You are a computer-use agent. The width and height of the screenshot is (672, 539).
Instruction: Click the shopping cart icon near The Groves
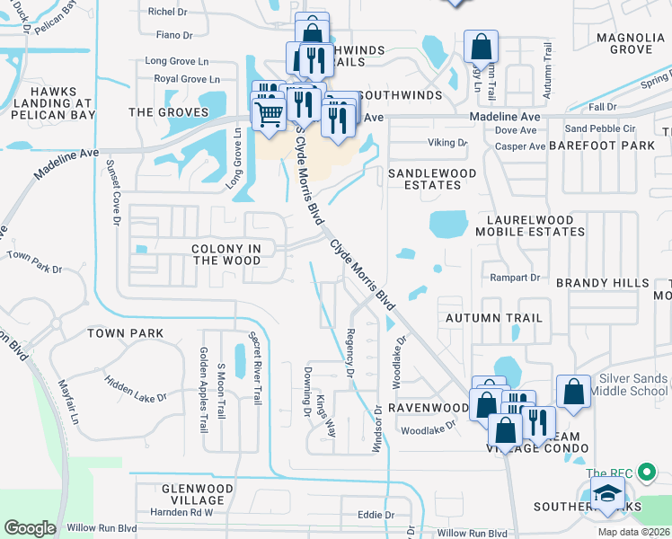pyautogui.click(x=267, y=115)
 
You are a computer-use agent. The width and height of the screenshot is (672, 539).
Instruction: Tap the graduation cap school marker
pyautogui.click(x=607, y=495)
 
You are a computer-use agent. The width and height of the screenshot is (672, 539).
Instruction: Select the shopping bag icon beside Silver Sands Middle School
pyautogui.click(x=573, y=393)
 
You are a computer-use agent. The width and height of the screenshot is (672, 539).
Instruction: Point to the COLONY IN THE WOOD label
pyautogui.click(x=225, y=254)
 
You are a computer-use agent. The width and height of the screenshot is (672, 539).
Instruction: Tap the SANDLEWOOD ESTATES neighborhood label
pyautogui.click(x=424, y=178)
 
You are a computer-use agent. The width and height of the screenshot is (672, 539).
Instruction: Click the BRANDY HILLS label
pyautogui.click(x=602, y=283)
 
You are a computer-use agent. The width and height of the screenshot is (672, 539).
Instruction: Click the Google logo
pyautogui.click(x=30, y=527)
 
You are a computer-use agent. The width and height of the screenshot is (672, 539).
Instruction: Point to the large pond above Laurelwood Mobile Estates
pyautogui.click(x=448, y=222)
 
